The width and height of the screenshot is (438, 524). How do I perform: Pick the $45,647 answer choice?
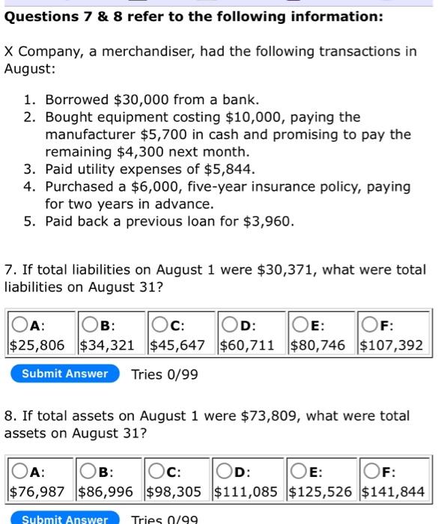point(158,326)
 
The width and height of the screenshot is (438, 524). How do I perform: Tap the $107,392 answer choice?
point(367,326)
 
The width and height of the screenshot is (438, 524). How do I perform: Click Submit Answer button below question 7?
point(64,374)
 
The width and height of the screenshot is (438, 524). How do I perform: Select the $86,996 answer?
point(88,472)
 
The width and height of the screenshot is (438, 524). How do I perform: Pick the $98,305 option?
point(158,472)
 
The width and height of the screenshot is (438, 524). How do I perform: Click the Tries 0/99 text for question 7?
point(165,374)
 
